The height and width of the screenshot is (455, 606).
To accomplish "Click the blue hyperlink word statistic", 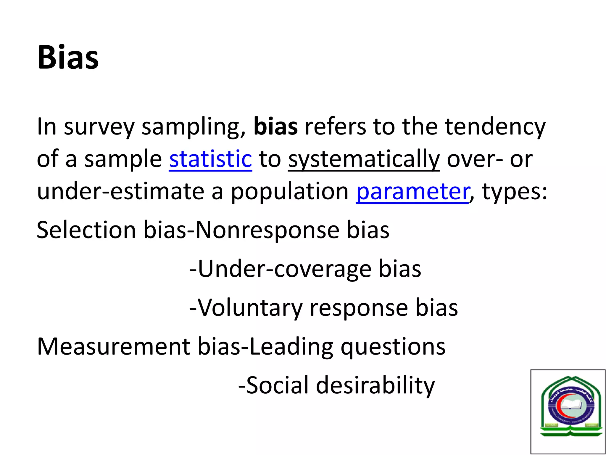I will pyautogui.click(x=210, y=159).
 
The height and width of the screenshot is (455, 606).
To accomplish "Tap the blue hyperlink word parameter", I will pyautogui.click(x=412, y=192).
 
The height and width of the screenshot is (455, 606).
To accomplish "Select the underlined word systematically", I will pyautogui.click(x=364, y=159).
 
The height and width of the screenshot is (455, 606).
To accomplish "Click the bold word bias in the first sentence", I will pyautogui.click(x=275, y=127).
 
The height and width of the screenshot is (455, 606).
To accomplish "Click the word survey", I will pyautogui.click(x=99, y=127).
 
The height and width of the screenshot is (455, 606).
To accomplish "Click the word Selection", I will pyautogui.click(x=86, y=230).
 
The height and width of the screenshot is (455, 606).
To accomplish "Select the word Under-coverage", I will pyautogui.click(x=284, y=269).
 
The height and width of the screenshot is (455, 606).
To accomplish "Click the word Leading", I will pyautogui.click(x=291, y=346).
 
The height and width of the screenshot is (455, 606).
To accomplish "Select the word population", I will pyautogui.click(x=290, y=192).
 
